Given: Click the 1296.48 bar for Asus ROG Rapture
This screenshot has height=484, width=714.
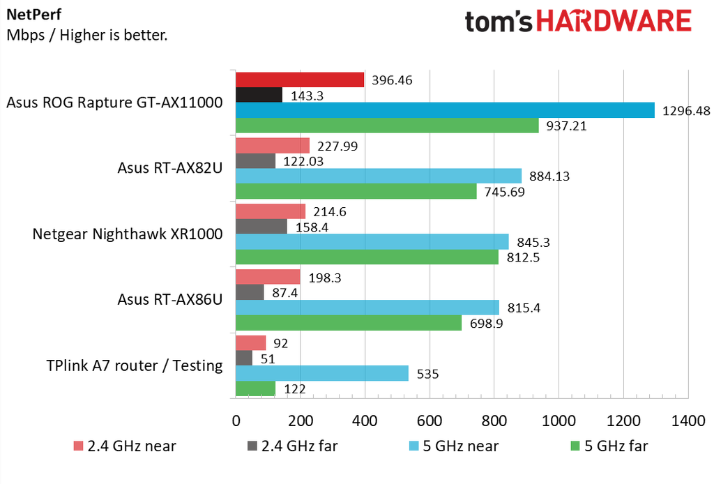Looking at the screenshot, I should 445,110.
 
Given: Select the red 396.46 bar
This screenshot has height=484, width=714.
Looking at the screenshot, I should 300,80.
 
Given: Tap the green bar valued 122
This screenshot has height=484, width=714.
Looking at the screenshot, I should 255,388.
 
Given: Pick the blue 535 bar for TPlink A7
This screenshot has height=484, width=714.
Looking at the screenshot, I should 321,373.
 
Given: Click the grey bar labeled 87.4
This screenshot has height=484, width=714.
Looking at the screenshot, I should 250,292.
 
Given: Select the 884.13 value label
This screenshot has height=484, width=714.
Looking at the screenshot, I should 550,176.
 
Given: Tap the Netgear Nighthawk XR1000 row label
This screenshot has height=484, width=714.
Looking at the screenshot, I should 128,234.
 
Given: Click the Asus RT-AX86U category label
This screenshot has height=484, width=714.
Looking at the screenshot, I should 170,300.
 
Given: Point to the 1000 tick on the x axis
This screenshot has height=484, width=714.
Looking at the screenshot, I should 558,421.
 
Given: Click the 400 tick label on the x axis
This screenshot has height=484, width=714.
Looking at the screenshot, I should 365,421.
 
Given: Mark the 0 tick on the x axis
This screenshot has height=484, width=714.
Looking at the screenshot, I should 236,421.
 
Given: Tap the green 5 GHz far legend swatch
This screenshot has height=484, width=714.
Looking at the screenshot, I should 575,446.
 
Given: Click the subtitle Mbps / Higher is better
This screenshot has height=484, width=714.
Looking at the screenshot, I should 86,34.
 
